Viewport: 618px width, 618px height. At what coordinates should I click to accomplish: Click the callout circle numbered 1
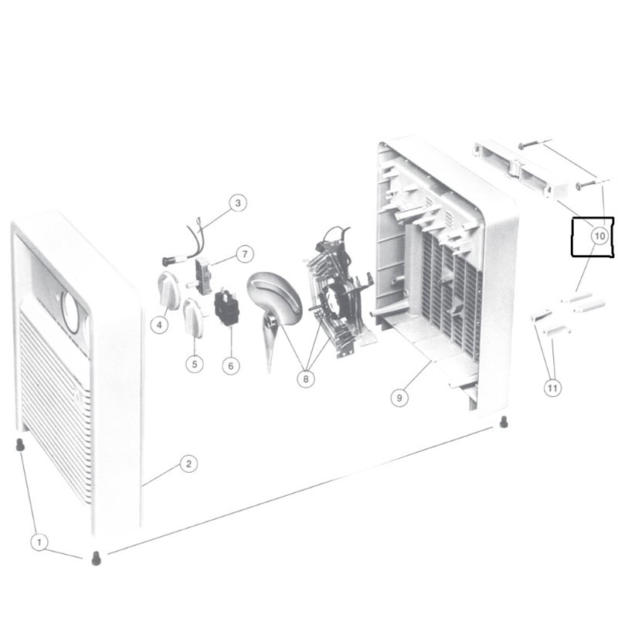[39, 542]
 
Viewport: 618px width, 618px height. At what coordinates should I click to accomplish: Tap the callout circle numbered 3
[238, 203]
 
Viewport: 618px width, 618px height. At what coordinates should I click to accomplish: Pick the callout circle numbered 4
[160, 325]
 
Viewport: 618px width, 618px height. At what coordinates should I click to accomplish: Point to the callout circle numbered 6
[230, 365]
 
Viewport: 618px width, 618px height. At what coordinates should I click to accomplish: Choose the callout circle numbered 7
[244, 253]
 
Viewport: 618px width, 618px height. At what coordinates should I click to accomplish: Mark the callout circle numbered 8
[306, 379]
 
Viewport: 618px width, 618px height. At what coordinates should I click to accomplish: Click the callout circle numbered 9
[399, 399]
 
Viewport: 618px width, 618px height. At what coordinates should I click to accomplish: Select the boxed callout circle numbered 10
[600, 233]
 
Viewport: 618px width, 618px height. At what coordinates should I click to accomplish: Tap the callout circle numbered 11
[552, 389]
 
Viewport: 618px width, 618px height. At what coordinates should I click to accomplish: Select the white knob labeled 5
[192, 315]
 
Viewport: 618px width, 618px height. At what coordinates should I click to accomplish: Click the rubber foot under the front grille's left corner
[19, 445]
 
